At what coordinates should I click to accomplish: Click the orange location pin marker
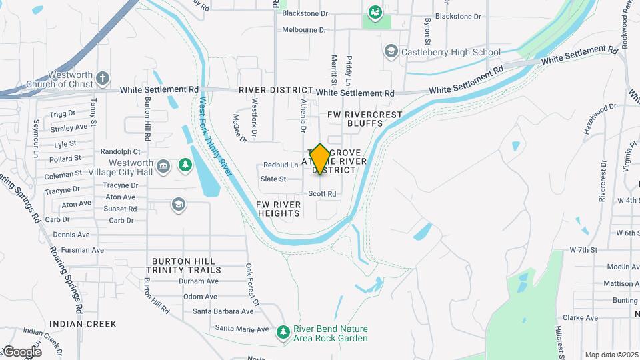(x=320, y=159)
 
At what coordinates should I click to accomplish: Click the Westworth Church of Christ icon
(x=103, y=79)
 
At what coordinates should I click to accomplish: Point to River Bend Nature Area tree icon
(x=283, y=331)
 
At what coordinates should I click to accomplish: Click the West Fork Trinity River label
(x=215, y=137)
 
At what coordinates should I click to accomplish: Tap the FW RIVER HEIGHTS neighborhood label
(x=279, y=209)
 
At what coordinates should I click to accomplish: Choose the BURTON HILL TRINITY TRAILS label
(x=186, y=265)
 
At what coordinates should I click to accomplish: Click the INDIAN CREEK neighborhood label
(x=83, y=324)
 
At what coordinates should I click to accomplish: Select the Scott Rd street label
(x=322, y=194)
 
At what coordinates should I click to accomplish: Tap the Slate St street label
(x=273, y=179)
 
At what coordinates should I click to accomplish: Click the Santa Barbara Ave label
(x=223, y=311)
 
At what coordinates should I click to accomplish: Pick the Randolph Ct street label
(x=120, y=151)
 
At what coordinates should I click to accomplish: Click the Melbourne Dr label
(x=304, y=30)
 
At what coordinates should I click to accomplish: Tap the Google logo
(x=22, y=351)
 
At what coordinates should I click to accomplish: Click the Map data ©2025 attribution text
(x=611, y=355)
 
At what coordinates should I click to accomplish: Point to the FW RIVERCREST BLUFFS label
(x=365, y=119)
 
